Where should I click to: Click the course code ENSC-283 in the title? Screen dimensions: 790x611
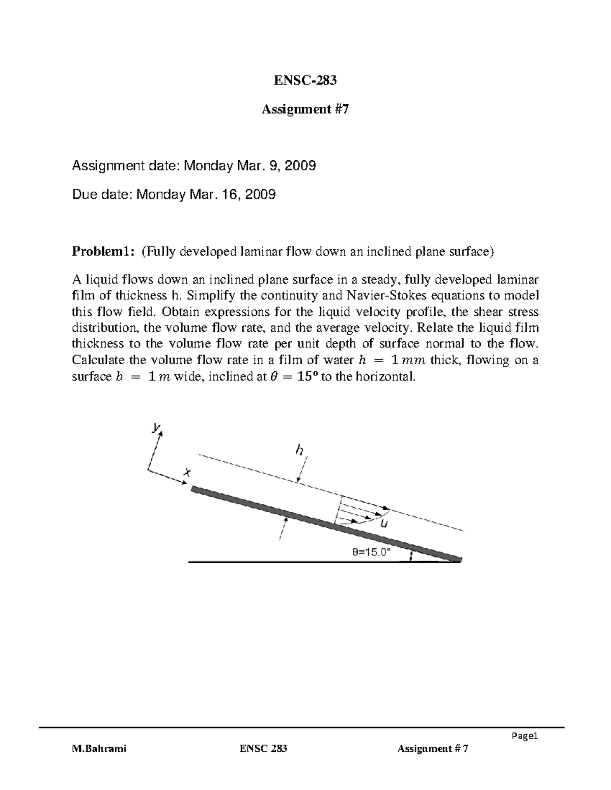coord(305,80)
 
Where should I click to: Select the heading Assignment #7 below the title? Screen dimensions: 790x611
coord(305,109)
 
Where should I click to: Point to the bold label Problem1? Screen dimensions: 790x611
coord(103,251)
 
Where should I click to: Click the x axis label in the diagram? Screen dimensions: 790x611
coord(187,473)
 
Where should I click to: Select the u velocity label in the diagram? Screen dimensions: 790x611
coord(383,524)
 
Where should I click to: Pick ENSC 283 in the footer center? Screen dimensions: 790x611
coord(263,748)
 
